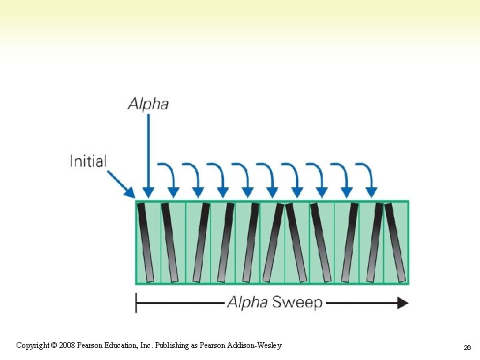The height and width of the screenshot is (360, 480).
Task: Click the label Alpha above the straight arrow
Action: pos(148,103)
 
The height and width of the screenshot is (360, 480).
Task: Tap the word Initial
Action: pos(89,161)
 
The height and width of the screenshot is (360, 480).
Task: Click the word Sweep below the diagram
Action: pos(298,303)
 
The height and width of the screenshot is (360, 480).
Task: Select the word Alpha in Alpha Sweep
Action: pos(248,303)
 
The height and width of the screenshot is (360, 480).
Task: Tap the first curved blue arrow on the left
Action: pos(168,176)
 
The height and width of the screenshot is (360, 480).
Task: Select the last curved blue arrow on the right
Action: pos(367,176)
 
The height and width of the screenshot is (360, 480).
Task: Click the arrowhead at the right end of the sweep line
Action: pos(402,303)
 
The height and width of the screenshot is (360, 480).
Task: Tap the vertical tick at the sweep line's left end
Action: pos(136,303)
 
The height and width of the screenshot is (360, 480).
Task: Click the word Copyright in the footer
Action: pos(31,345)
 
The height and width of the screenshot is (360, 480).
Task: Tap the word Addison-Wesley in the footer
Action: pos(256,345)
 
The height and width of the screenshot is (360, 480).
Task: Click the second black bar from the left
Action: pos(170,241)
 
